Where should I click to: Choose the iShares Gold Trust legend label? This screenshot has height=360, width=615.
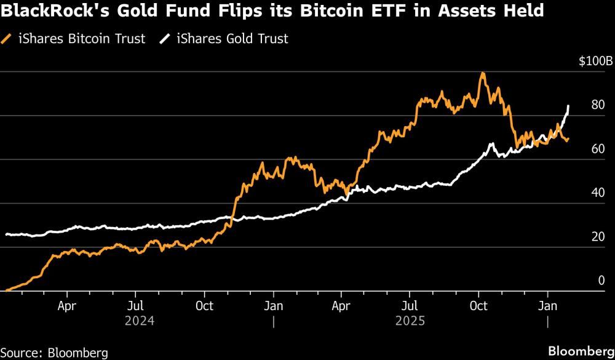pos(232,39)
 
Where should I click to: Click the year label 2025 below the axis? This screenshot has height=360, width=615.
pos(410,321)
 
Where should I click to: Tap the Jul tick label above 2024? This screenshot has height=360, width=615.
pos(137,306)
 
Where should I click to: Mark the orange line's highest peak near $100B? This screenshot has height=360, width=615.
pos(483,73)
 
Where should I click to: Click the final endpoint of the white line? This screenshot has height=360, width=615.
pos(568,106)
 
